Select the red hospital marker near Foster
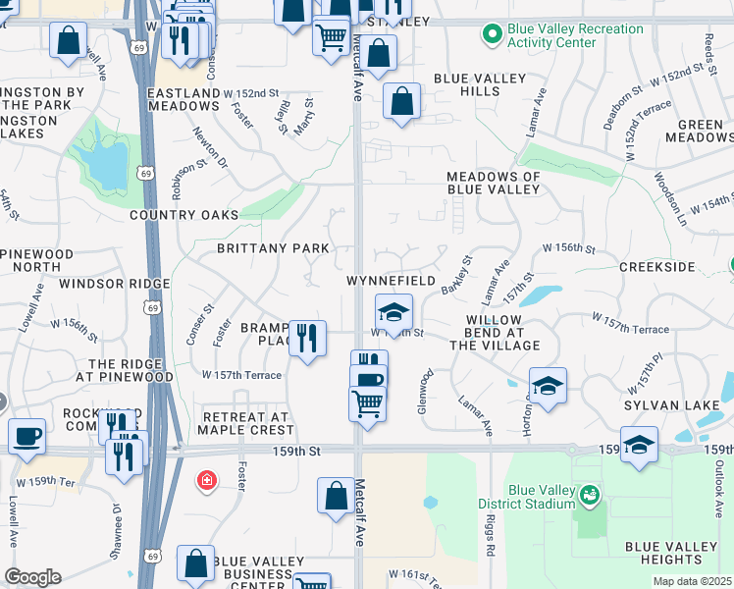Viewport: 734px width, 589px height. pyautogui.click(x=205, y=480)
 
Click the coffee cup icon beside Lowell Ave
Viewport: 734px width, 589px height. pyautogui.click(x=27, y=434)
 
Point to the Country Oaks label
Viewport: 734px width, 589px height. pyautogui.click(x=183, y=215)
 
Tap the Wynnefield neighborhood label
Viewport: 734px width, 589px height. pyautogui.click(x=391, y=281)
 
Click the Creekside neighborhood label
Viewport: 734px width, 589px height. pyautogui.click(x=656, y=267)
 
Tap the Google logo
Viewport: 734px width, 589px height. pyautogui.click(x=32, y=577)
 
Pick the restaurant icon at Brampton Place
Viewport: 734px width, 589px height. pyautogui.click(x=307, y=338)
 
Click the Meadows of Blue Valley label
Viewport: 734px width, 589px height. pyautogui.click(x=494, y=184)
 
